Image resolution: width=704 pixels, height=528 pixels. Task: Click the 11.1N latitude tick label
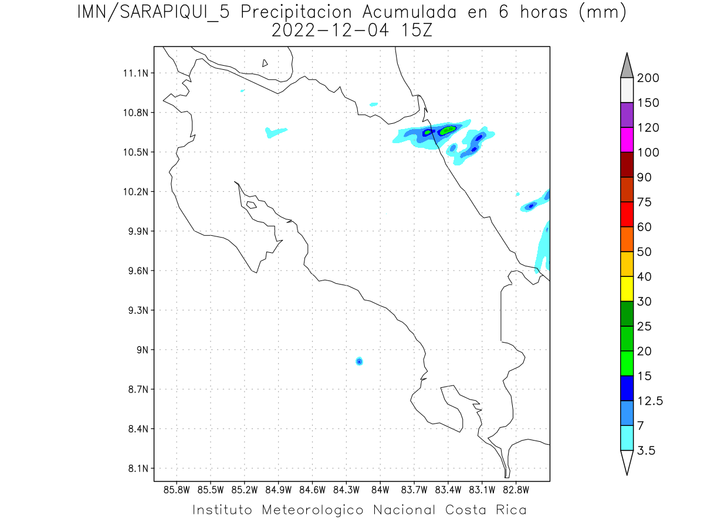(134, 73)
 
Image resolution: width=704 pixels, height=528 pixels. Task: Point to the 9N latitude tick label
(140, 350)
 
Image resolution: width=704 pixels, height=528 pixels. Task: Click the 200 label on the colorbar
(648, 79)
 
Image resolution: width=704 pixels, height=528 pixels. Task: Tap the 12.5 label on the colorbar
(651, 401)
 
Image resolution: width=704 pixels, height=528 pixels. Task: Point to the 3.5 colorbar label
(647, 451)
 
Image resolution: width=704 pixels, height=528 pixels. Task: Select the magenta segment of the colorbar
(627, 140)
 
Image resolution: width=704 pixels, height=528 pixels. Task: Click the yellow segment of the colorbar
(627, 289)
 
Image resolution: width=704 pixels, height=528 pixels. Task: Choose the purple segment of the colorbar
(627, 115)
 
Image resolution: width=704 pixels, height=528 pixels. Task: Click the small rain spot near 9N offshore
(359, 361)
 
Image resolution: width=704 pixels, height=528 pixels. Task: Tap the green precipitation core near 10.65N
(448, 130)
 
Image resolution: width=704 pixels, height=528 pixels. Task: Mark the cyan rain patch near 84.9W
(275, 131)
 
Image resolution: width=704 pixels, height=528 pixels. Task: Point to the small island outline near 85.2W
(251, 205)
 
